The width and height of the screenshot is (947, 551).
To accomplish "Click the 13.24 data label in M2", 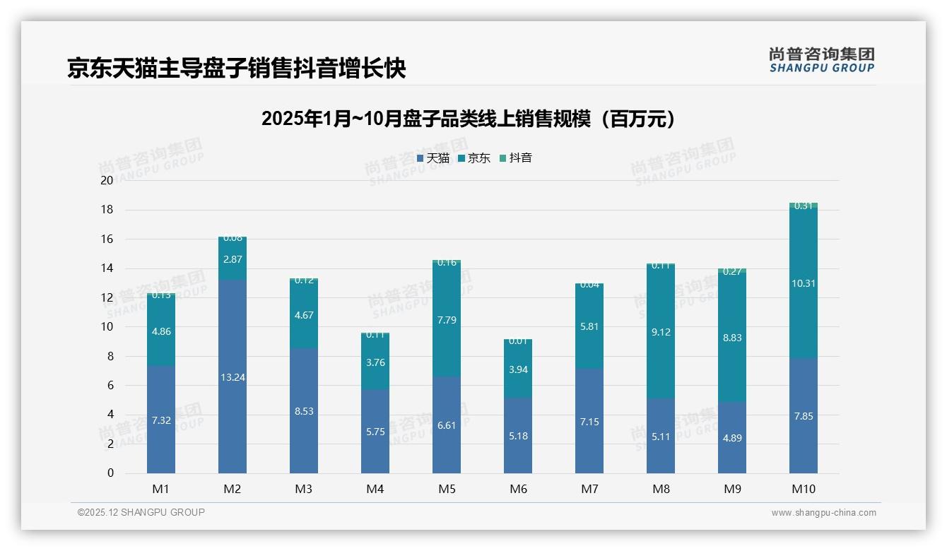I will coord(233,377).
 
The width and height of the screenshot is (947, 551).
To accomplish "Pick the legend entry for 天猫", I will coord(433,158).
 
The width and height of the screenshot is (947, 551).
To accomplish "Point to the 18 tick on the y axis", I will coord(107,210).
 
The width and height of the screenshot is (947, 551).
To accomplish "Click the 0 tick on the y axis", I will coord(110,473).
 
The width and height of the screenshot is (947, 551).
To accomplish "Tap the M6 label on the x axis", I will coord(518,489).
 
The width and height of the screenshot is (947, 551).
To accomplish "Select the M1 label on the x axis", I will coord(161,489).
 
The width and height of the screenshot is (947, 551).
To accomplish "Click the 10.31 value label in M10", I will coord(804,283).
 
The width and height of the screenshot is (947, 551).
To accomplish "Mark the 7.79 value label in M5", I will coord(447,320).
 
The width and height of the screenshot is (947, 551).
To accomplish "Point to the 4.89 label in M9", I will coord(732,438).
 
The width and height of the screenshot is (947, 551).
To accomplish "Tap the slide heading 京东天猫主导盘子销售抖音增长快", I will coord(236,69).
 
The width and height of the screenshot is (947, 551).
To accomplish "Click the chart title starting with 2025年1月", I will coord(469,119).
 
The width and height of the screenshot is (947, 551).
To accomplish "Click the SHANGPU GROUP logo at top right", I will coord(821,60).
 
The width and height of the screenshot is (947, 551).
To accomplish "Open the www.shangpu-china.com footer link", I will coord(823,513).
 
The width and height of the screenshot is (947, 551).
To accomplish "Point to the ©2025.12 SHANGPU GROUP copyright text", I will coord(141,513).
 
